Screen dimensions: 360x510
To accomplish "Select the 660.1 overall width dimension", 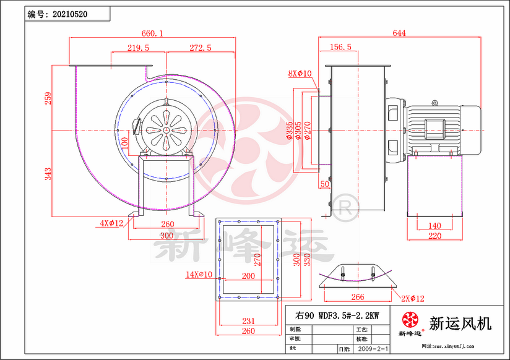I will point(152,33).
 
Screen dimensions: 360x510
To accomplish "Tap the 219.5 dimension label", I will point(139,48).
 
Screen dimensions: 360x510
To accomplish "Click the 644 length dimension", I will point(399,33).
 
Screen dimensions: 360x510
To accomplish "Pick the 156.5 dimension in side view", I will point(341,48).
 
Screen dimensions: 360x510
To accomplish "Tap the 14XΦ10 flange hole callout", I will point(199,274).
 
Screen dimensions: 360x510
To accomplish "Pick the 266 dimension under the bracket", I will point(357,298).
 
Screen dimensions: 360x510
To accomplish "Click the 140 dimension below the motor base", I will point(434,226).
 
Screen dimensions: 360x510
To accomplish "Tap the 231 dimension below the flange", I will point(248,322).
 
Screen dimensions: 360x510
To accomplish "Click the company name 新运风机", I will point(460,324).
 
